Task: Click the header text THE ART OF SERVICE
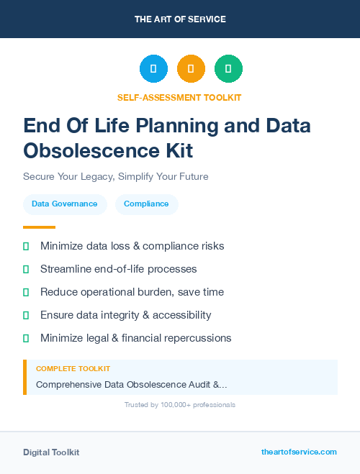pyautogui.click(x=180, y=19)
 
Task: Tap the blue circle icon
pyautogui.click(x=153, y=69)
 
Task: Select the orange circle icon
pyautogui.click(x=191, y=69)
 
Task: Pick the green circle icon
pyautogui.click(x=228, y=69)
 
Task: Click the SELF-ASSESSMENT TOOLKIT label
pyautogui.click(x=179, y=97)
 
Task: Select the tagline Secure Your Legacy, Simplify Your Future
pyautogui.click(x=115, y=176)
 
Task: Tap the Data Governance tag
pyautogui.click(x=65, y=204)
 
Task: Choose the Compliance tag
pyautogui.click(x=146, y=204)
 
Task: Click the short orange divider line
pyautogui.click(x=39, y=227)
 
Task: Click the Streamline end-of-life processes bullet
pyautogui.click(x=118, y=269)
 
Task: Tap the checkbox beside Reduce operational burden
pyautogui.click(x=26, y=292)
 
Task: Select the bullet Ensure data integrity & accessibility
pyautogui.click(x=125, y=315)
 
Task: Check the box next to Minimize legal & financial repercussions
pyautogui.click(x=26, y=338)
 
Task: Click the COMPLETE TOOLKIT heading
pyautogui.click(x=73, y=368)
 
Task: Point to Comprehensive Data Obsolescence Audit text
pyautogui.click(x=131, y=384)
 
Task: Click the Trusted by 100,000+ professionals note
pyautogui.click(x=180, y=405)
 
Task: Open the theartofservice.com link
pyautogui.click(x=299, y=452)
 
